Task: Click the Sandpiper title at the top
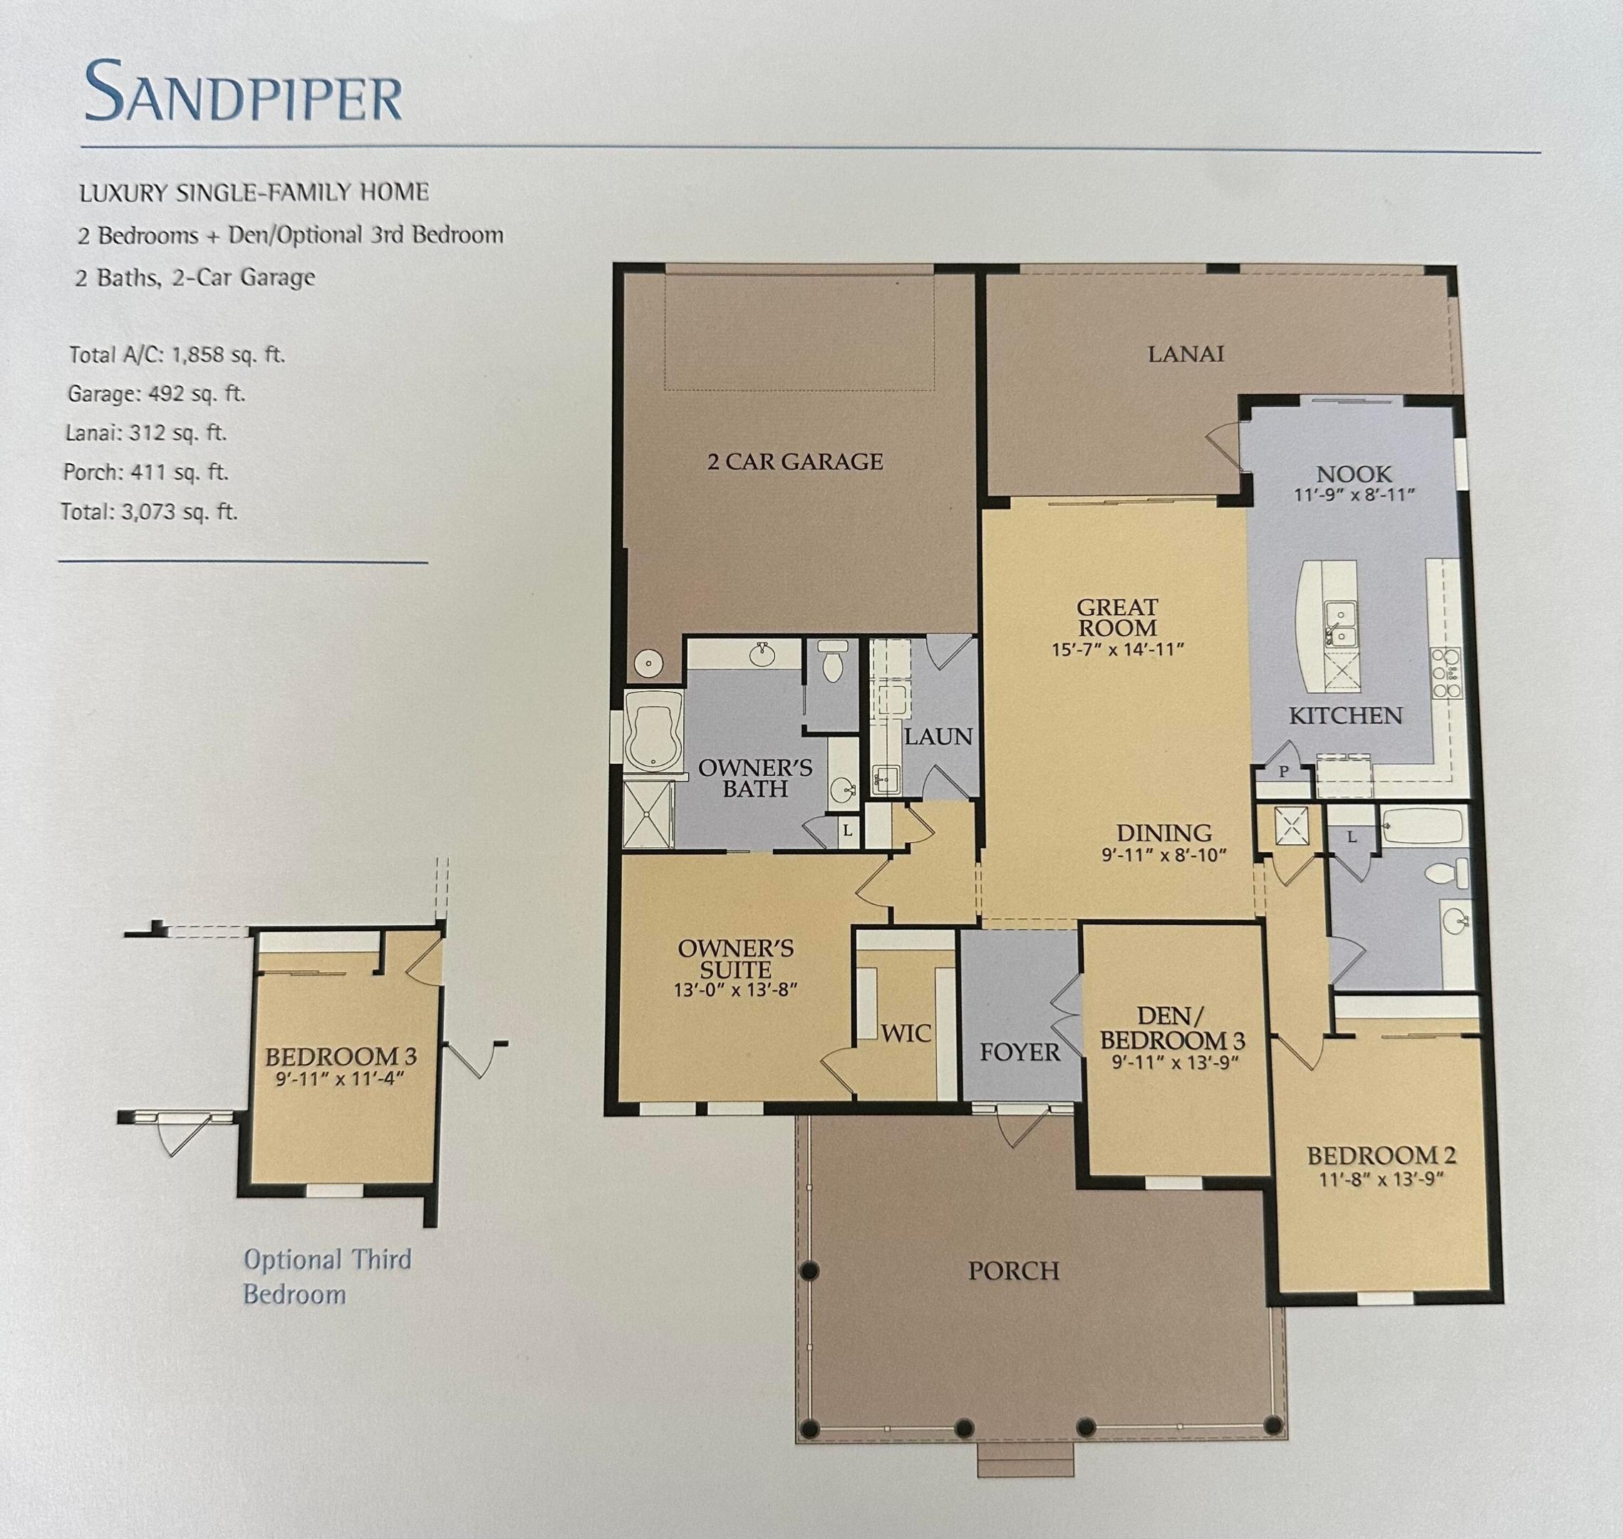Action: pos(244,92)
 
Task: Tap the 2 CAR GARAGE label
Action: pos(794,462)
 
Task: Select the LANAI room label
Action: pos(1185,353)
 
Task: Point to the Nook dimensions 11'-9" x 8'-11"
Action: pos(1354,495)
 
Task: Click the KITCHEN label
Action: pos(1345,716)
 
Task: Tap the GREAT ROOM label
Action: pos(1117,617)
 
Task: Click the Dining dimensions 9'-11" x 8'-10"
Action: pos(1163,856)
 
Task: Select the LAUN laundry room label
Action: pos(938,737)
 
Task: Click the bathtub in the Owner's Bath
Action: pos(652,731)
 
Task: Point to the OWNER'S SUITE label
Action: pos(736,959)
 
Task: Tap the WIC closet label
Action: pos(906,1033)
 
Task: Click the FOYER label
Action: pos(1020,1052)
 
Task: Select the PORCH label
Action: pos(1014,1270)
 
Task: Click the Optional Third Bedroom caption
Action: pos(326,1277)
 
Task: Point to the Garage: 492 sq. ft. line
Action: pos(156,394)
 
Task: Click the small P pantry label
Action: pos(1283,771)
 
